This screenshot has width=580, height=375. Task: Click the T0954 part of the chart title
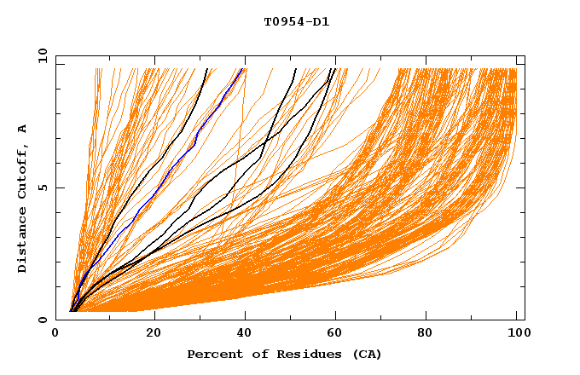pyautogui.click(x=283, y=22)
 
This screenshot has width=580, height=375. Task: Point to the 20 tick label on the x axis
pyautogui.click(x=154, y=333)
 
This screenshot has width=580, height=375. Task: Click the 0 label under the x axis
pyautogui.click(x=56, y=333)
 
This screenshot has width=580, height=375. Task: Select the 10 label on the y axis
pyautogui.click(x=39, y=55)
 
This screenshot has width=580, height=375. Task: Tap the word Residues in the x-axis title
pyautogui.click(x=292, y=354)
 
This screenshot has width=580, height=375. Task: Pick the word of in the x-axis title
pyautogui.click(x=248, y=354)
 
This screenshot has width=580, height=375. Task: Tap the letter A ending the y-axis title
pyautogui.click(x=22, y=128)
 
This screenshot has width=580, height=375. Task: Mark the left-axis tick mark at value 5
pyautogui.click(x=59, y=187)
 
